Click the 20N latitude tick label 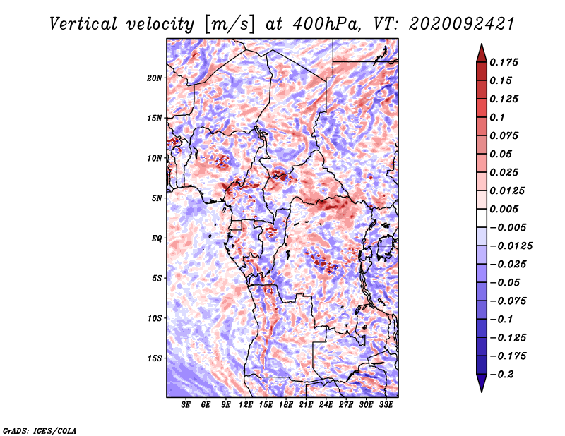click(x=155, y=78)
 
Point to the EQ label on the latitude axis click(x=157, y=238)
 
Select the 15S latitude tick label click(x=155, y=358)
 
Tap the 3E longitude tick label click(x=186, y=405)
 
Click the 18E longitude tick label click(x=286, y=405)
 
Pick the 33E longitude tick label click(x=386, y=405)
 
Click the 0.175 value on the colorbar click(x=504, y=62)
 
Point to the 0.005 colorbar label click(x=504, y=209)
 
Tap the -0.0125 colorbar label click(x=511, y=246)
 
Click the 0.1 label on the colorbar click(x=498, y=117)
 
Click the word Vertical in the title click(x=83, y=24)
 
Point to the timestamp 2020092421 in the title click(x=462, y=24)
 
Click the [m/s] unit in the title click(x=229, y=24)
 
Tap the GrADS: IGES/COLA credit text click(x=40, y=430)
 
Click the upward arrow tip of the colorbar click(x=482, y=44)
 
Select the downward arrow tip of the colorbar click(x=482, y=392)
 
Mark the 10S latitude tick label click(x=155, y=319)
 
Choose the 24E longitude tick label click(x=326, y=405)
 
